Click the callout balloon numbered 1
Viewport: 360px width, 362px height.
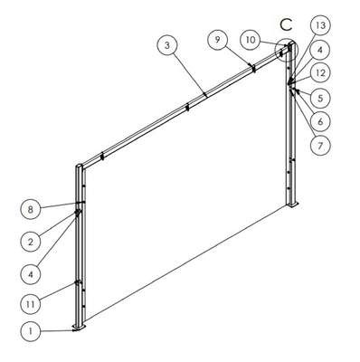30,331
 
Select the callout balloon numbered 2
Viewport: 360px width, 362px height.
30,242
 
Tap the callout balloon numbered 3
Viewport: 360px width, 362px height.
167,45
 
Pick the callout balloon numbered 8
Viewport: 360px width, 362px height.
30,209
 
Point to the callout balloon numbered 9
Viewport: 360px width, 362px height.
218,40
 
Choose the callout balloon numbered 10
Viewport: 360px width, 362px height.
251,40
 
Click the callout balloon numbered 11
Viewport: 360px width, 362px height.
30,304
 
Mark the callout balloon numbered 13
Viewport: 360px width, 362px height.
320,25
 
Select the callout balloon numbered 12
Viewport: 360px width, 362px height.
320,73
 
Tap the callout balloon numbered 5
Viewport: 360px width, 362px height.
320,98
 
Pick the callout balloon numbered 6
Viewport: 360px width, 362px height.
320,121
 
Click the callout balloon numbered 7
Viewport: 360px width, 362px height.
320,146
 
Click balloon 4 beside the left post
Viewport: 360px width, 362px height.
30,274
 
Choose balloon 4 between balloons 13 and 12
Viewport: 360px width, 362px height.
320,50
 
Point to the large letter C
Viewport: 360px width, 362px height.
286,24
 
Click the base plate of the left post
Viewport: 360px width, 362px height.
80,328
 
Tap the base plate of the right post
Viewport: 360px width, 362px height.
292,205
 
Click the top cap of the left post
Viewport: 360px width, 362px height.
80,166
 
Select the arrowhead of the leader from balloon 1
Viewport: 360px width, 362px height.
74,330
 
